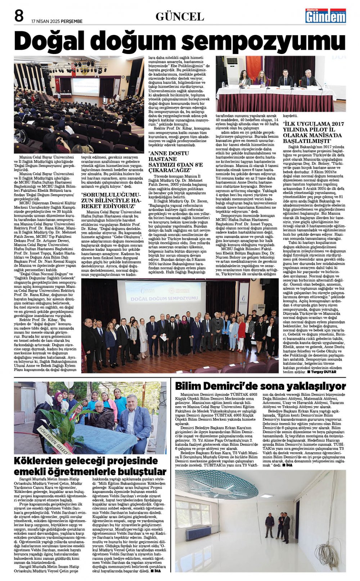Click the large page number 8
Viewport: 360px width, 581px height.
(19, 16)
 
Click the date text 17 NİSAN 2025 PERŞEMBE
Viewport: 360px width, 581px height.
(57, 21)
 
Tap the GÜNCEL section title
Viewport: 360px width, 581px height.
(180, 17)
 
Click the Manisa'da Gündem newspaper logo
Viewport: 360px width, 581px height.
(325, 16)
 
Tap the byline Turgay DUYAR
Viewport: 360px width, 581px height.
(323, 372)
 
